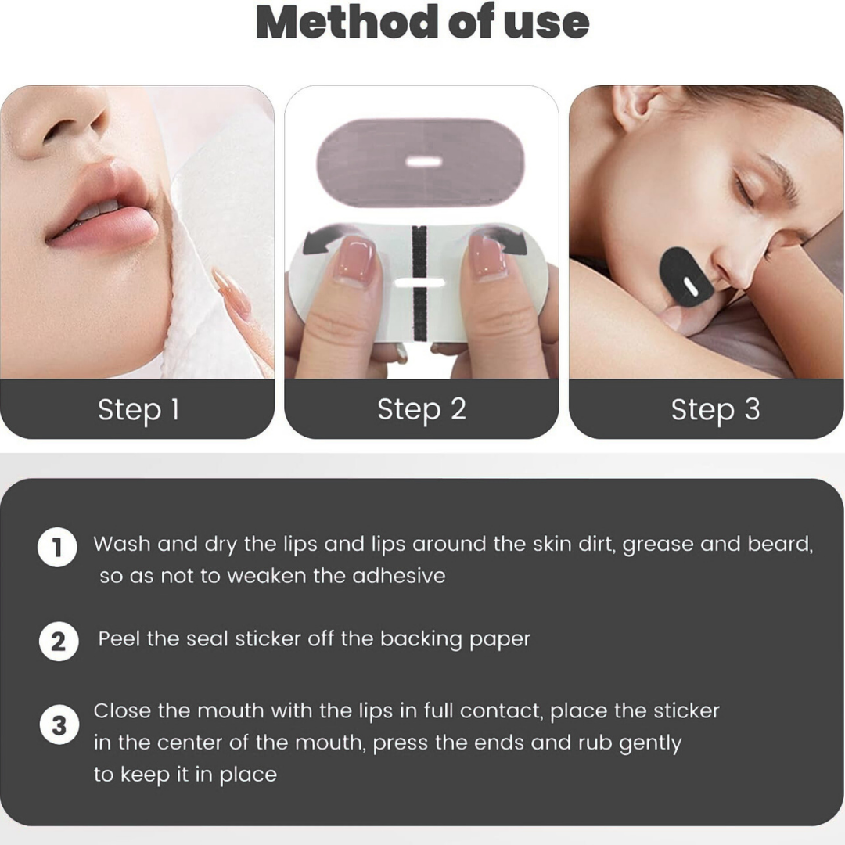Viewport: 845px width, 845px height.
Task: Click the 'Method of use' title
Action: [422, 22]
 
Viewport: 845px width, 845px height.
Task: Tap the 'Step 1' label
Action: [138, 409]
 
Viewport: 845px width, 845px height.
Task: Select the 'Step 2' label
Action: [422, 409]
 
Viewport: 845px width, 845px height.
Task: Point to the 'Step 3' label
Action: [715, 409]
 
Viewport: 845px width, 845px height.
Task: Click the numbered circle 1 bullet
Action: [57, 548]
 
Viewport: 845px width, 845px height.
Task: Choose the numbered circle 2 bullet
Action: [59, 642]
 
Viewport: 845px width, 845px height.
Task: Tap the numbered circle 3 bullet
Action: [59, 725]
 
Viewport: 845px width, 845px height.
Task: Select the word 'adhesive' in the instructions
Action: [399, 576]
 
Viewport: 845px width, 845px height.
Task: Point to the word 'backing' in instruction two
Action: [421, 640]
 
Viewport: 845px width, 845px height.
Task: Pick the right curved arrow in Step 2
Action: [504, 239]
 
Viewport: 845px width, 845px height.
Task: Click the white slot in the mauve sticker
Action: [423, 161]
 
